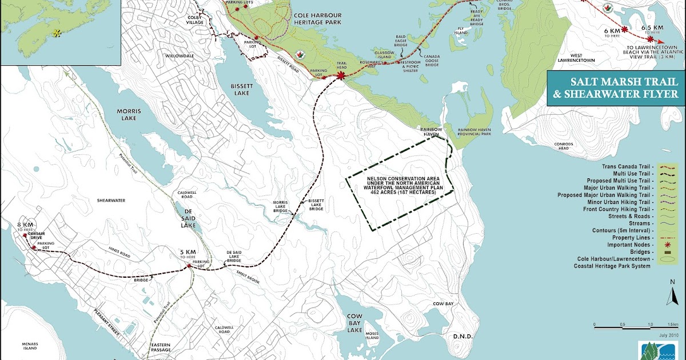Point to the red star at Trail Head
click(x=341, y=75)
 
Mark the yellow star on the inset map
click(x=57, y=33)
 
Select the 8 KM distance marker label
click(x=25, y=226)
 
